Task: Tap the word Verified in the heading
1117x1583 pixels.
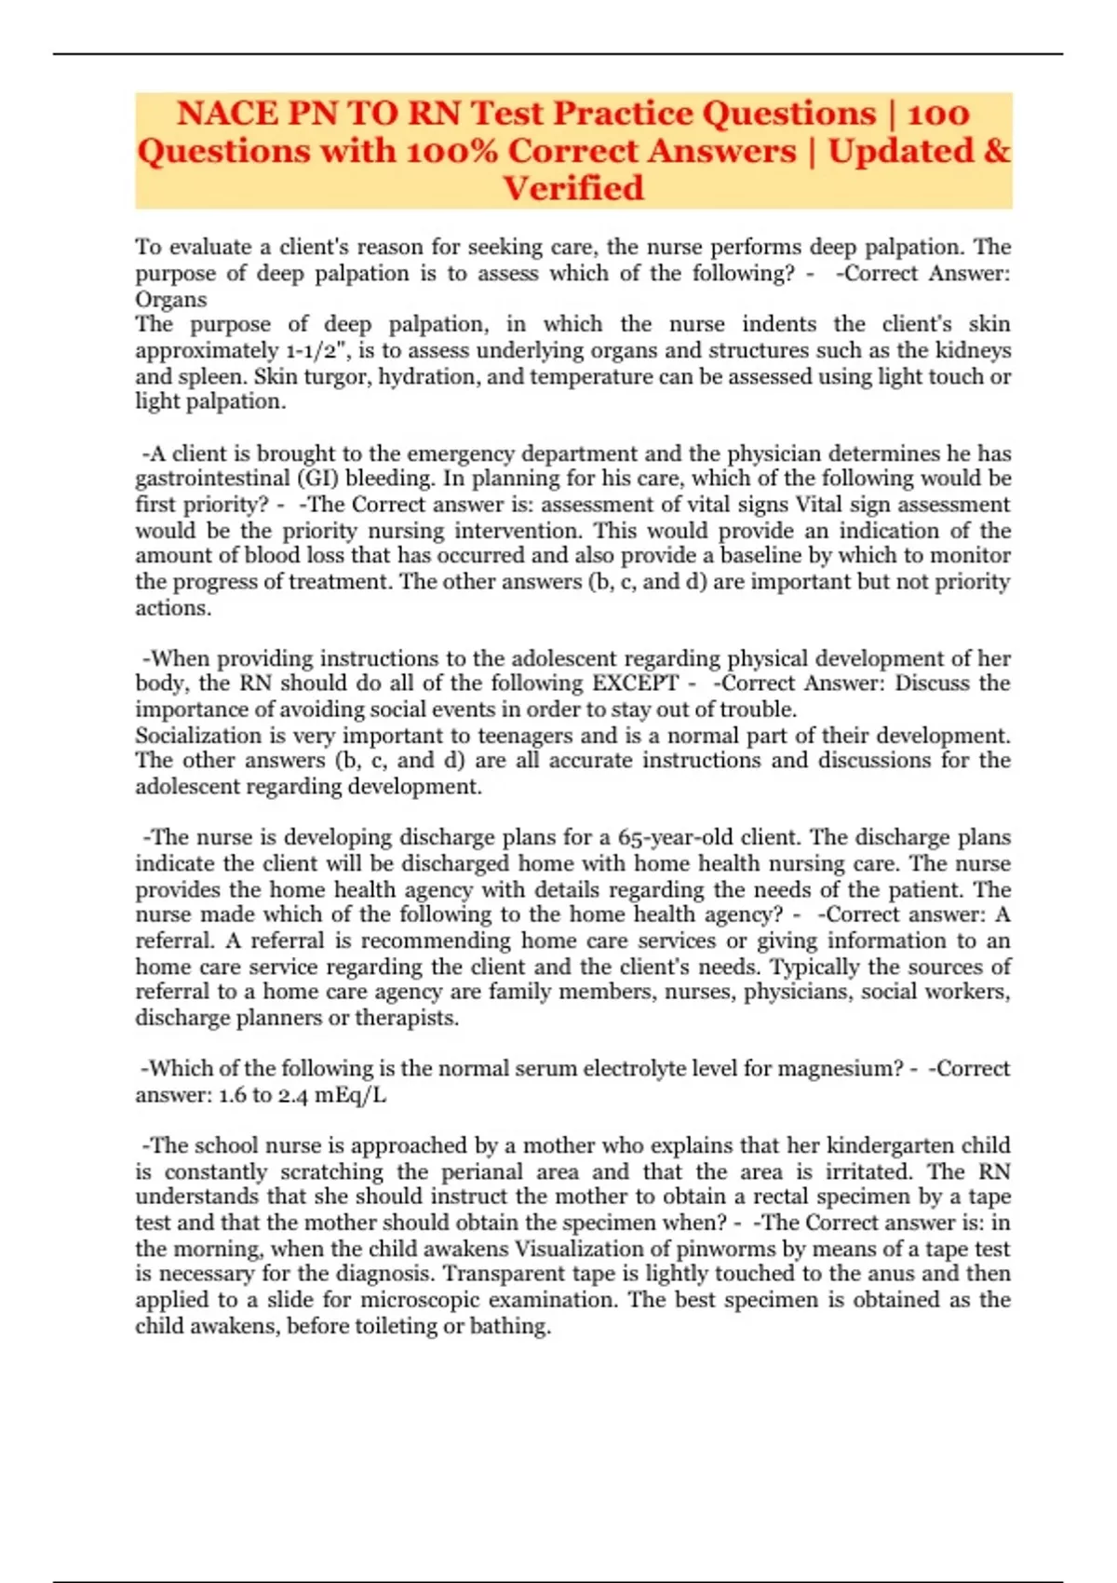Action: coord(573,188)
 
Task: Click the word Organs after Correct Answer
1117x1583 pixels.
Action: coord(171,300)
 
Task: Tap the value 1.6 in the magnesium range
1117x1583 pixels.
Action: coord(232,1095)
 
